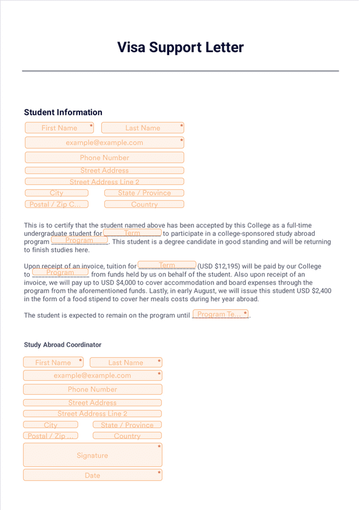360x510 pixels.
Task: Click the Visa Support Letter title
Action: [180, 47]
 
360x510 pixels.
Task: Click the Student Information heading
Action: [63, 112]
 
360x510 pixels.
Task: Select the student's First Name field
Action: [59, 128]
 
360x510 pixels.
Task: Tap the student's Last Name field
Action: [142, 128]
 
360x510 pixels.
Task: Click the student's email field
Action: [104, 143]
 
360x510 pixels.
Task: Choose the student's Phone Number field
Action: [104, 157]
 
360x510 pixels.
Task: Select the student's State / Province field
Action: [144, 193]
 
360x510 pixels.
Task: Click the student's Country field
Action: [144, 204]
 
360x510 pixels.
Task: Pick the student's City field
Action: [56, 193]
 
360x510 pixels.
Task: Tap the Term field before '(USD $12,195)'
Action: [167, 265]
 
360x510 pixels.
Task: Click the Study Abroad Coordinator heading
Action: [62, 344]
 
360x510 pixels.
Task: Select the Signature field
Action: [92, 455]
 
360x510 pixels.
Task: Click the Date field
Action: [92, 475]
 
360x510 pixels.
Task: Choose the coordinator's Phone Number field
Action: [92, 389]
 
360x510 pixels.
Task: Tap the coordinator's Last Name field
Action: [125, 363]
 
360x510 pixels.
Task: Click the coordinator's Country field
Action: [127, 435]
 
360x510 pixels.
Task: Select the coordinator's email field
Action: [92, 375]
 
